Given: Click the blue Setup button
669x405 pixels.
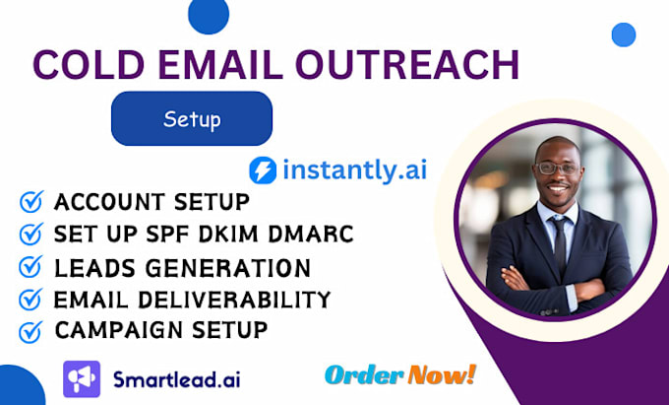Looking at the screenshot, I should pos(191,119).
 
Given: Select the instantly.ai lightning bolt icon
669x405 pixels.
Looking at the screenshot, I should pos(263,169).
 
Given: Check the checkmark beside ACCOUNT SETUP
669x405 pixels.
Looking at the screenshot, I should pos(31,203).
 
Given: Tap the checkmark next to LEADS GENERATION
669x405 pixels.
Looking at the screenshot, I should pos(31,268).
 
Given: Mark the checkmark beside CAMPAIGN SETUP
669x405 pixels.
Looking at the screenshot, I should pos(31,331).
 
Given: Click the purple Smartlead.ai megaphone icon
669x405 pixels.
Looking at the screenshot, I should pos(82,378).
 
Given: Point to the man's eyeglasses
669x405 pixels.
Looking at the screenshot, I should pos(558,169).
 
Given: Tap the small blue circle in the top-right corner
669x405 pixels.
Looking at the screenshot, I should pos(623,35).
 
